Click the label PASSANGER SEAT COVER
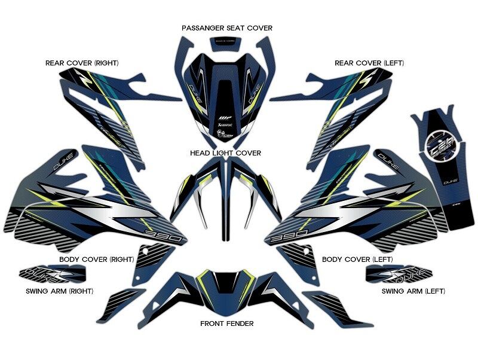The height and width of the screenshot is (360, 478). tap(227, 28)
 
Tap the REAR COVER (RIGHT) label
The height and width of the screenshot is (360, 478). tap(82, 63)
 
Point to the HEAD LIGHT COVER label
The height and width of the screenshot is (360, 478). tap(226, 153)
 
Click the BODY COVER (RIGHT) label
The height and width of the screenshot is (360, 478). tap(96, 260)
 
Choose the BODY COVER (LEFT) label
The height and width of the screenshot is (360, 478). tap(354, 260)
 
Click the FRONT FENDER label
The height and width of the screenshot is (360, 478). tap(226, 324)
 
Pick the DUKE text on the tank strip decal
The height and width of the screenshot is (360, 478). tap(442, 178)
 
